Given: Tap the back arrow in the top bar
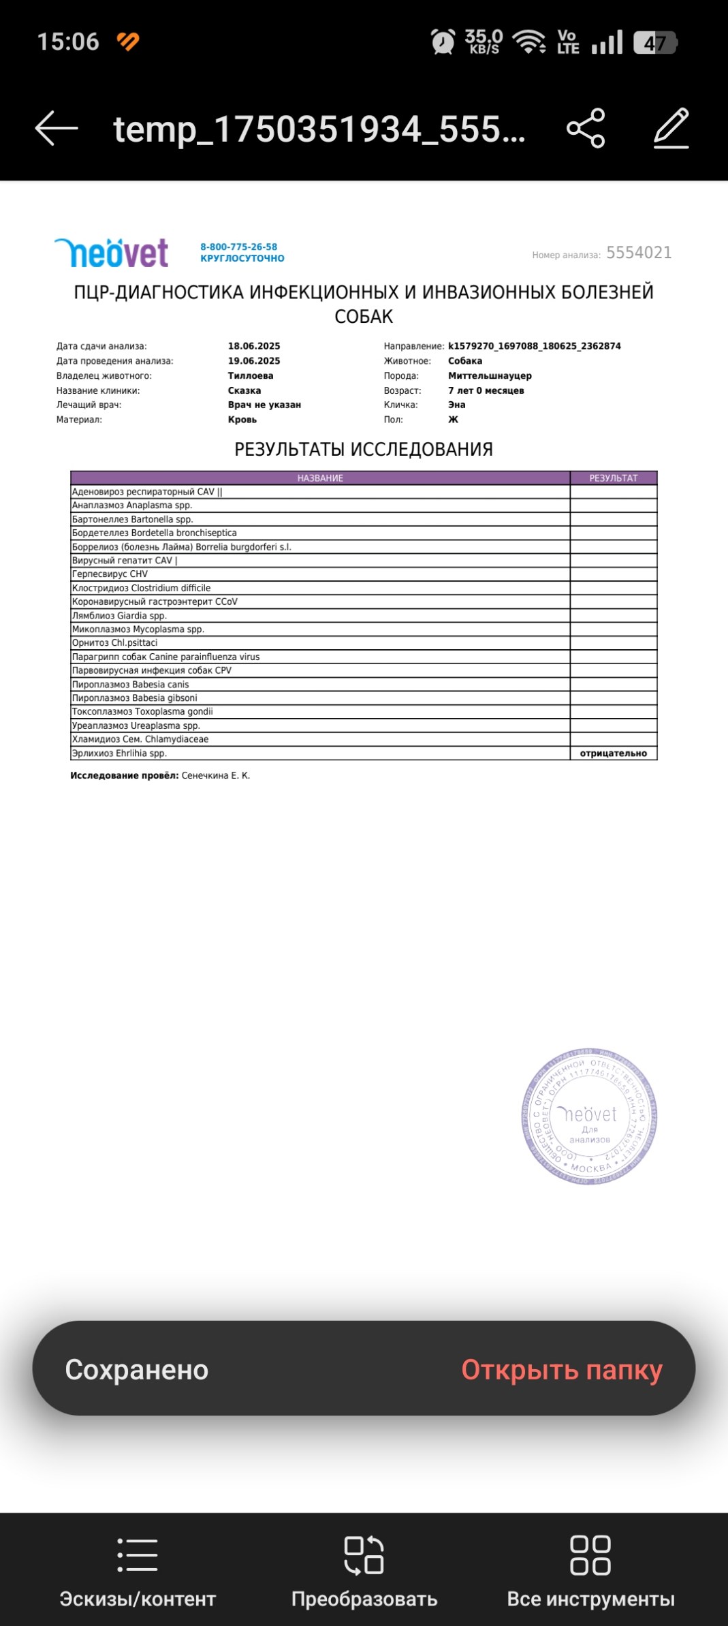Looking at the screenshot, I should [x=57, y=128].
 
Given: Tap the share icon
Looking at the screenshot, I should [x=586, y=128].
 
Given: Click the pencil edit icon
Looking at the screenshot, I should [x=671, y=128].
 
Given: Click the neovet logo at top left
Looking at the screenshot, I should [x=112, y=253].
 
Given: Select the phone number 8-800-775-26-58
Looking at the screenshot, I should [x=238, y=247].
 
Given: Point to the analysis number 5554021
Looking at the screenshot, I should [x=639, y=253].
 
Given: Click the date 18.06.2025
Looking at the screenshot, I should [x=254, y=346].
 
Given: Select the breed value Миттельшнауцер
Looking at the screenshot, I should [x=490, y=375].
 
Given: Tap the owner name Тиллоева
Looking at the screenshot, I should [x=251, y=375].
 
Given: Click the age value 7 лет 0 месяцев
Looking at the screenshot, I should [x=486, y=390].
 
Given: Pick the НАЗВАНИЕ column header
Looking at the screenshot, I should [x=320, y=478].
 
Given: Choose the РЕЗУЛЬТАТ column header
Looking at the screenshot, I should [x=613, y=478].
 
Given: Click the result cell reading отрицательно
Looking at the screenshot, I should [x=613, y=753].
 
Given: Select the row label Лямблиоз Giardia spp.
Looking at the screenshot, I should [x=119, y=616].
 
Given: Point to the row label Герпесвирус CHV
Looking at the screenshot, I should [x=110, y=574].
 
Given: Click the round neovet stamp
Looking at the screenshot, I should [x=589, y=1116].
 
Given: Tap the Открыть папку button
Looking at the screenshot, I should [x=561, y=1370].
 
